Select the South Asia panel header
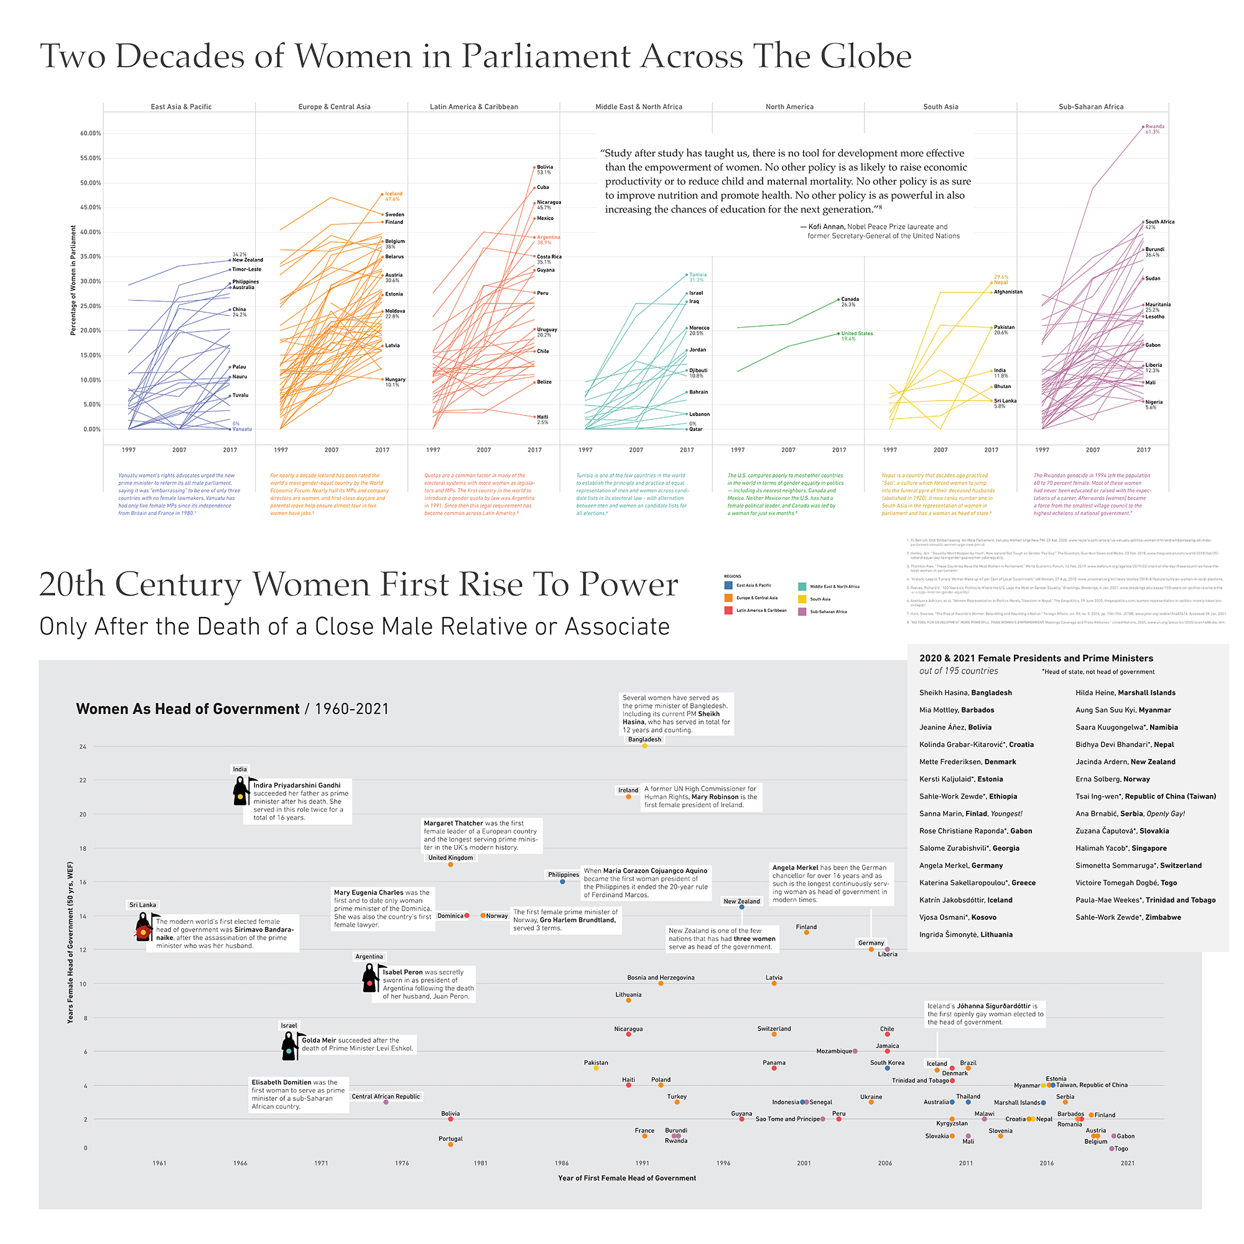point(940,107)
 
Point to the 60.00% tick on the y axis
point(91,133)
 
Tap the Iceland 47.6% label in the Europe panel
point(394,196)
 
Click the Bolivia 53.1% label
point(545,169)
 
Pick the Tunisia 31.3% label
point(697,277)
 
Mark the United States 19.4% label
point(857,335)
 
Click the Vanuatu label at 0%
point(242,429)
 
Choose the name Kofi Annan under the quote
point(826,226)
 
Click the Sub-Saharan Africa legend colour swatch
point(802,611)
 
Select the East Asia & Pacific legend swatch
point(728,585)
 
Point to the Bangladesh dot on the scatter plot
point(644,746)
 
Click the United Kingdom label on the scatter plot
point(451,858)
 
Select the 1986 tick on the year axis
point(562,1163)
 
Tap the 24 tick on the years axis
point(83,747)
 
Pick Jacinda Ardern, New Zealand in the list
point(1125,762)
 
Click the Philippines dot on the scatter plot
point(562,881)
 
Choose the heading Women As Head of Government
point(187,709)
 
